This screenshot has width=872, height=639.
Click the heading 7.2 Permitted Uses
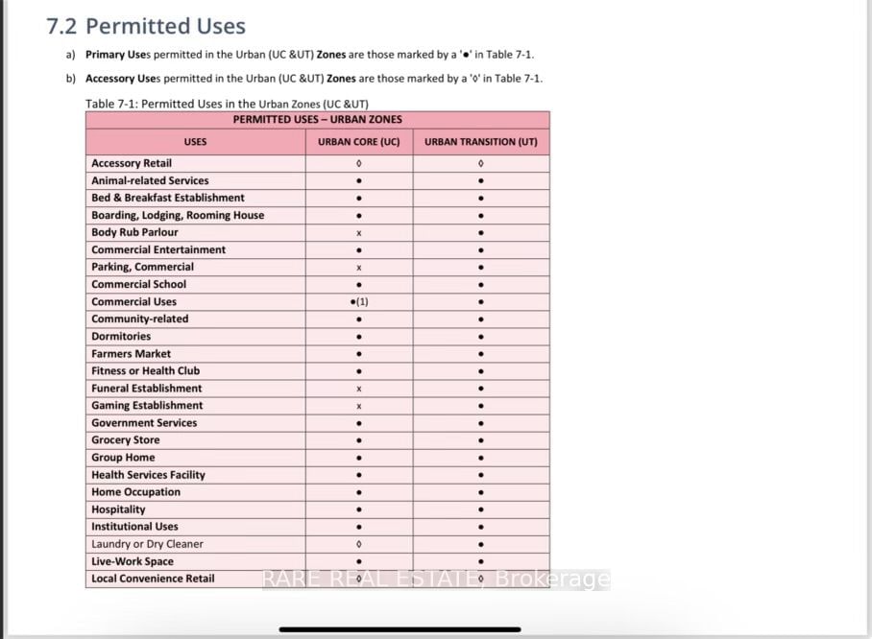[x=146, y=27]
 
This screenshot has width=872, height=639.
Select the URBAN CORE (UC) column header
[x=358, y=142]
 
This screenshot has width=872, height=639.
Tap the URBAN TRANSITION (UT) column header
[x=480, y=142]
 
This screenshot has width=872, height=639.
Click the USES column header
[x=195, y=142]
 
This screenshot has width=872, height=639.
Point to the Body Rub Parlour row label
[x=134, y=232]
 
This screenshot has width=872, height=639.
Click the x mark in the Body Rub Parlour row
[x=358, y=233]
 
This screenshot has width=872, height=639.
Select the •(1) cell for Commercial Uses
[x=359, y=301]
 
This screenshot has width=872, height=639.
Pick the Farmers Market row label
[x=131, y=353]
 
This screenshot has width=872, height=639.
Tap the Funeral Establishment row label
[x=146, y=389]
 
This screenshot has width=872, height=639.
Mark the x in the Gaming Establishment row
[x=358, y=406]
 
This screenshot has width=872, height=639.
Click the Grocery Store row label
[x=125, y=440]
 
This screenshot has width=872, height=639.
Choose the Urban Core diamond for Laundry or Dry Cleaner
[x=358, y=544]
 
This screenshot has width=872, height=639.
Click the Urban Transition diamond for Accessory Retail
[x=480, y=164]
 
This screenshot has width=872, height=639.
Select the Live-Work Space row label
[x=133, y=561]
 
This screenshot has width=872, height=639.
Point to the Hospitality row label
[x=118, y=509]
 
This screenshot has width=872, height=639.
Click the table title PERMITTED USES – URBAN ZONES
[x=317, y=120]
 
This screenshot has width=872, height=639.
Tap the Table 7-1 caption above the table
[x=227, y=104]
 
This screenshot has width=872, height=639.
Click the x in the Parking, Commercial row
[x=358, y=268]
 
